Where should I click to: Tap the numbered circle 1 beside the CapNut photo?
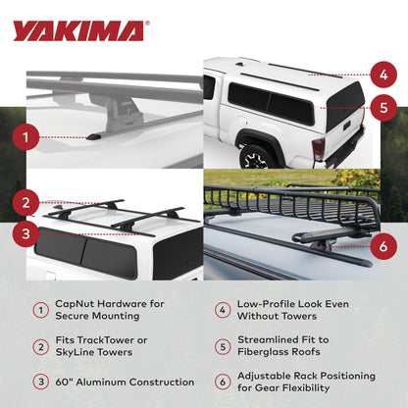tap(32, 138)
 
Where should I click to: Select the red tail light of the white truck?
tap(319, 149)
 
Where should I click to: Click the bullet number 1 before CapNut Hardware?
tap(39, 310)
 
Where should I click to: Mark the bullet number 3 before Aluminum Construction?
tap(39, 382)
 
